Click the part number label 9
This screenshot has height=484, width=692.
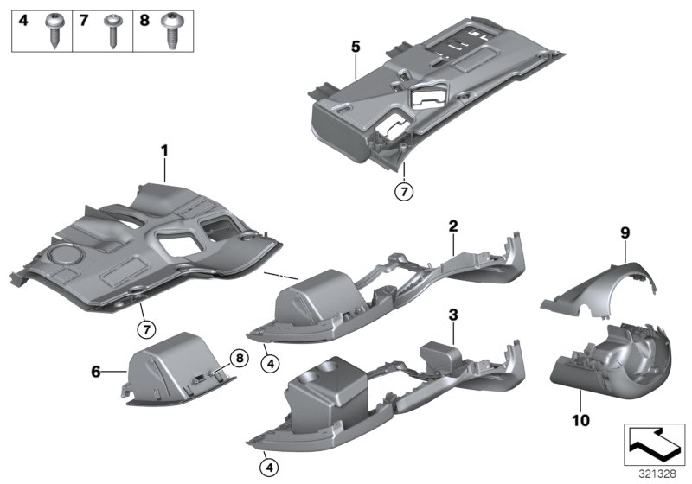tap(624, 232)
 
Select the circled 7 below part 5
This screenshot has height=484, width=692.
tap(403, 191)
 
